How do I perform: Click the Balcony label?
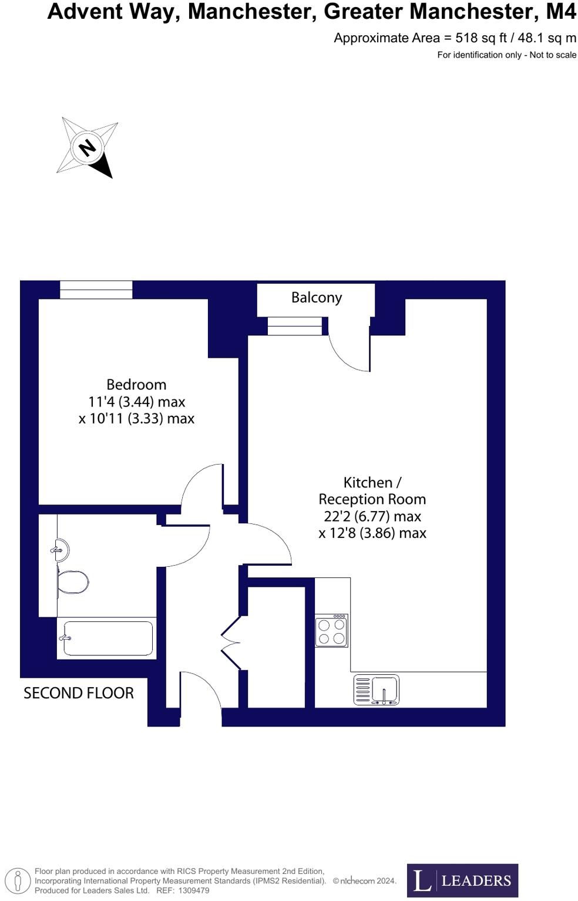(316, 298)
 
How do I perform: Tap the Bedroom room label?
(136, 385)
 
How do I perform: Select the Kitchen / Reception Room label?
(372, 490)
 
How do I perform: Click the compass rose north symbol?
(88, 147)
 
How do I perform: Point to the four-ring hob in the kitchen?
(331, 631)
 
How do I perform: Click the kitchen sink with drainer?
(377, 690)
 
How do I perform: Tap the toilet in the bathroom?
(72, 583)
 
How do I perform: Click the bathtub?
(107, 638)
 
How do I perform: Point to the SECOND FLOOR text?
(79, 693)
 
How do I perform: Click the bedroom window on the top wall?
(96, 290)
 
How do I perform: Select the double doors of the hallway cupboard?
(231, 643)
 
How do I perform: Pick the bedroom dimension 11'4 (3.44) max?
(136, 402)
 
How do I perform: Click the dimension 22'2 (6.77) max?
(372, 516)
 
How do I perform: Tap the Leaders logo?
(462, 880)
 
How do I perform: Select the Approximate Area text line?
(455, 38)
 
